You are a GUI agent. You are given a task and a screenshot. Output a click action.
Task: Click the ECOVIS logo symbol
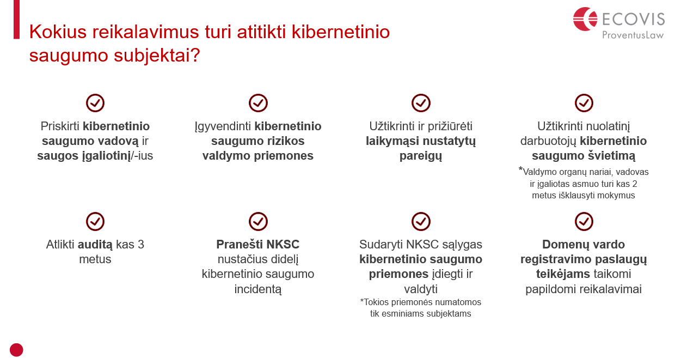585,19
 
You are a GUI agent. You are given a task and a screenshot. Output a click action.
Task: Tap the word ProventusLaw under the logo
633,35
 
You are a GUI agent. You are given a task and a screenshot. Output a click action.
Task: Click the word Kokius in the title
58,32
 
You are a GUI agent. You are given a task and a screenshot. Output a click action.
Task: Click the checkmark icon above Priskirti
95,103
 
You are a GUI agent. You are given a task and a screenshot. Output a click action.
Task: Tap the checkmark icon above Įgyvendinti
258,103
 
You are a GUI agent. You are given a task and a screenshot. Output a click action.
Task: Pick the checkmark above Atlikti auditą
95,222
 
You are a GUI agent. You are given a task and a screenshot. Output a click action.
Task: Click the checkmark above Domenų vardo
584,222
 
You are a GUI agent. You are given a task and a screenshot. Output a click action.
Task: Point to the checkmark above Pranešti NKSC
258,222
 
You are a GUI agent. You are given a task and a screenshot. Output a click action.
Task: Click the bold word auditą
95,245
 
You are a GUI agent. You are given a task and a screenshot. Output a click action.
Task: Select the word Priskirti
60,126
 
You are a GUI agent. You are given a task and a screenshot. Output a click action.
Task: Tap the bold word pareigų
421,156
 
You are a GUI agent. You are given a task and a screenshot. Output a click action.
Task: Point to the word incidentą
258,289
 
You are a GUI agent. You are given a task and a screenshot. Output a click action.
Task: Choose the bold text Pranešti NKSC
258,244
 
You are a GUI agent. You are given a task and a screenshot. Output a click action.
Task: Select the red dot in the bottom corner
16,350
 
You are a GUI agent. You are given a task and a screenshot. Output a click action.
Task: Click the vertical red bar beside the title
16,20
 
